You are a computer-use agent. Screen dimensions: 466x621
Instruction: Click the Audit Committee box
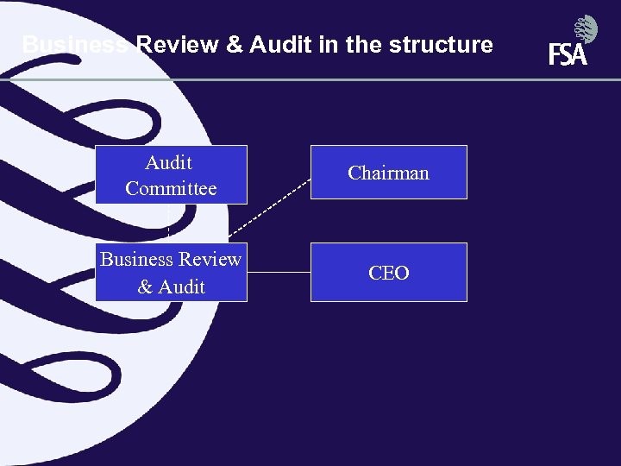click(171, 174)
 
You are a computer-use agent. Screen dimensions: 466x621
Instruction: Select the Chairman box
click(388, 173)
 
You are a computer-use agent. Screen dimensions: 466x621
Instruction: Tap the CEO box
click(388, 272)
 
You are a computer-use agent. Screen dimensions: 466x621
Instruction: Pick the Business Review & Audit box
click(171, 272)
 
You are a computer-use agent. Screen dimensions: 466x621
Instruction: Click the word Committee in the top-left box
click(171, 188)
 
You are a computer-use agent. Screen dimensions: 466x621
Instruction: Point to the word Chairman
click(388, 173)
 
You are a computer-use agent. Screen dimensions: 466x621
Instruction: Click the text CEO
click(388, 273)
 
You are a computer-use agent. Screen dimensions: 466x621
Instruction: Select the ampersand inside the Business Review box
click(145, 287)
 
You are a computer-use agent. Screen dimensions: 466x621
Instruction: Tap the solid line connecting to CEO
click(279, 272)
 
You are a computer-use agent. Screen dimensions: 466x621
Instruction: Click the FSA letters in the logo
click(568, 55)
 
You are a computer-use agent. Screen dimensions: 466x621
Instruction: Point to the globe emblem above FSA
click(586, 28)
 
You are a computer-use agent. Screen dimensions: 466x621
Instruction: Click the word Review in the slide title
click(178, 45)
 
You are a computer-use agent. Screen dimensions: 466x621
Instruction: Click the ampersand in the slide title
click(235, 45)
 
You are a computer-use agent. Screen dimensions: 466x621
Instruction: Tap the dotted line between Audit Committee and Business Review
click(168, 223)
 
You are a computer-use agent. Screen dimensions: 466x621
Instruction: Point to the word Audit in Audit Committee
click(169, 162)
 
